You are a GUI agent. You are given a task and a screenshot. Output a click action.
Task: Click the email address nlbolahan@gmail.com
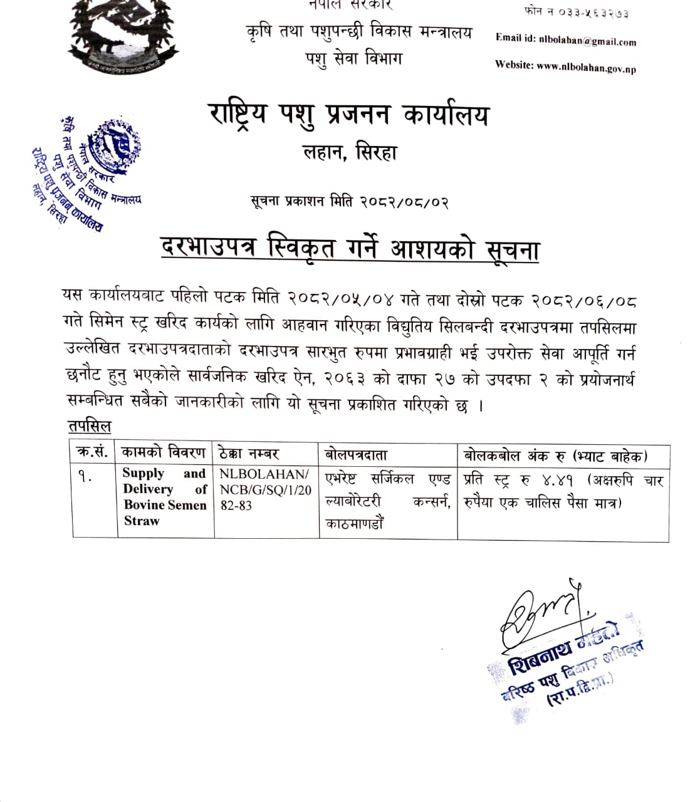point(587,41)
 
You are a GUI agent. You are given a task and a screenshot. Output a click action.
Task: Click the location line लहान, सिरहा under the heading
point(350,153)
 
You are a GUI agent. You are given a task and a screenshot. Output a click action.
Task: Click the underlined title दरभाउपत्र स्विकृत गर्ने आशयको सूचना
point(350,249)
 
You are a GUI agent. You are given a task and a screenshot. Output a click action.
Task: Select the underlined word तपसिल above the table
point(90,427)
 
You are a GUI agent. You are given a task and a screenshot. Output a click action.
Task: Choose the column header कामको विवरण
point(164,452)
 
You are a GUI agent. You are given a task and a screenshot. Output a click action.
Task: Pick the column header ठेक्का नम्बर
point(249,453)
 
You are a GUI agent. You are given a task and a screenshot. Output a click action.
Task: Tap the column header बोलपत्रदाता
point(356,454)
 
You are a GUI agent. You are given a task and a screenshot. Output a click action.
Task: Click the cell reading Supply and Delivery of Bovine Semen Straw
point(164,497)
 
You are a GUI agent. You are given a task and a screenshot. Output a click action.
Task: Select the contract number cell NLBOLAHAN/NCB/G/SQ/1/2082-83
point(265,489)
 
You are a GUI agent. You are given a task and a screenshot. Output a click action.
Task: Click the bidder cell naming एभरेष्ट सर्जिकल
point(387,501)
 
